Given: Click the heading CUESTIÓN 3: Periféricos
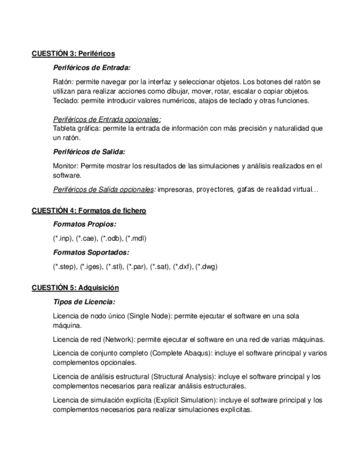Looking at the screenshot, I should (73, 54).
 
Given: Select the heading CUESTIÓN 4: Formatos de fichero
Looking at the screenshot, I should (88, 211).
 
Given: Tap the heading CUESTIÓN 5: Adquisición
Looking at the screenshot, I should (75, 288).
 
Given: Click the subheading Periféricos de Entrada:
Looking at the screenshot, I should (92, 68).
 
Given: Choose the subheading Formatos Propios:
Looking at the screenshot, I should (84, 225).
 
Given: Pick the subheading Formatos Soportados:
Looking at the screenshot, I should (91, 253).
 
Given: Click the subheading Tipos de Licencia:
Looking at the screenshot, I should (84, 302).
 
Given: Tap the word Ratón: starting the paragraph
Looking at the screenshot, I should (63, 82).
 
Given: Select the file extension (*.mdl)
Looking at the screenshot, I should (136, 238).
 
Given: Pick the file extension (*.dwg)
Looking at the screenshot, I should (207, 267).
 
